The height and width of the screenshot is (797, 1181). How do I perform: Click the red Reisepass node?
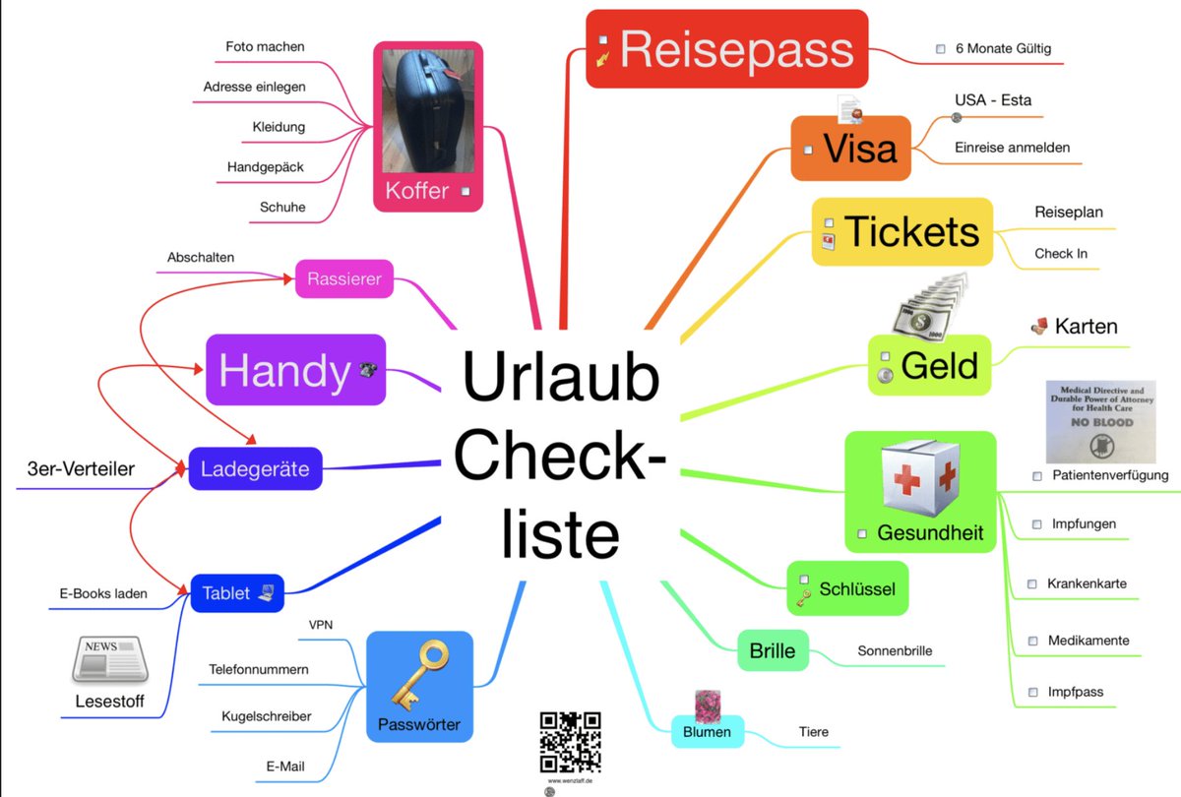click(726, 49)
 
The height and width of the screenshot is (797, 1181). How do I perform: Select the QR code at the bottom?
click(570, 742)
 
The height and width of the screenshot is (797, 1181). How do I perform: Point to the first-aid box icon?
click(918, 483)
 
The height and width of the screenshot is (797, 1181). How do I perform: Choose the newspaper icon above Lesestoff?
click(110, 659)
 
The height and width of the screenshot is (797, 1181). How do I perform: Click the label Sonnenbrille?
click(895, 650)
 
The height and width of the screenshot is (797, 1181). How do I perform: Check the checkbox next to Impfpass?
click(1032, 692)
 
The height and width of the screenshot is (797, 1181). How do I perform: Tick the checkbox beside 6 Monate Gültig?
click(941, 48)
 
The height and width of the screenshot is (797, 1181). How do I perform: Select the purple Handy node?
click(295, 370)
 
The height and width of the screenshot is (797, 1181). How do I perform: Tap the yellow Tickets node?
click(901, 232)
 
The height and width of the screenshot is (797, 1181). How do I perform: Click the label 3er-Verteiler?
click(81, 469)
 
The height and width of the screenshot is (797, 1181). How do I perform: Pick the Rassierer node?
click(344, 279)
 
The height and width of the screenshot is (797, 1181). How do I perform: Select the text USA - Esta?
click(993, 100)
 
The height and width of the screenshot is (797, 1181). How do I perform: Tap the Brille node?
click(773, 650)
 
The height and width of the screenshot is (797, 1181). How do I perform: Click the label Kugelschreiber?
click(266, 716)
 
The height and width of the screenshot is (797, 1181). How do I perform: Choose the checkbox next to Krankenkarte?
click(1032, 583)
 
